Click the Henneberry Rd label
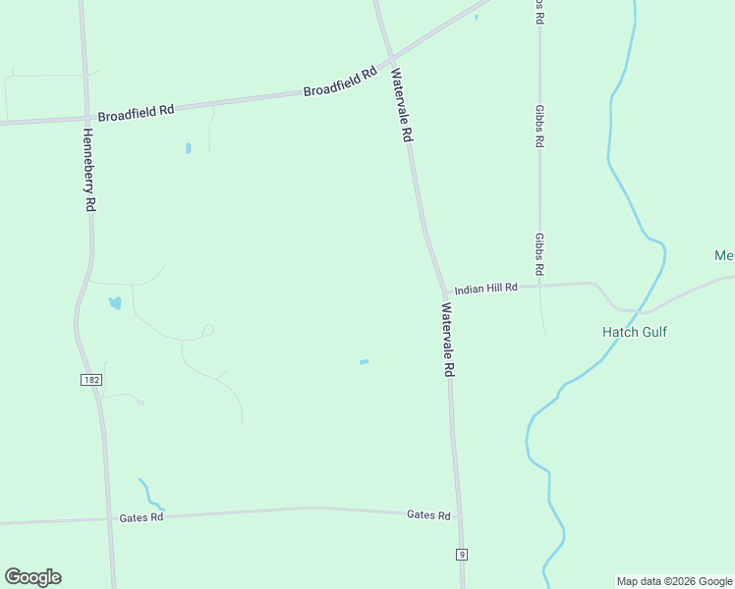[x=88, y=171]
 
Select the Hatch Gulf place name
[x=634, y=332]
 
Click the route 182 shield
[x=89, y=379]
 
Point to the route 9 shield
[x=461, y=555]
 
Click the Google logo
[x=32, y=577]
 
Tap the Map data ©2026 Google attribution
[x=674, y=581]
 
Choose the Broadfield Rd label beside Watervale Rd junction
[x=340, y=81]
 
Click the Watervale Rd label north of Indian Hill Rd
[x=400, y=105]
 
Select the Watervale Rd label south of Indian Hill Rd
[x=448, y=340]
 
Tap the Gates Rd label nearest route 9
[x=428, y=515]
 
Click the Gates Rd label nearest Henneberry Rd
[x=140, y=517]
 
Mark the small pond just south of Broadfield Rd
[x=188, y=148]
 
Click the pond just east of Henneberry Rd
[x=115, y=302]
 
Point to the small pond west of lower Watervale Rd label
[x=364, y=362]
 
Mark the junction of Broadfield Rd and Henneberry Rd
[x=85, y=117]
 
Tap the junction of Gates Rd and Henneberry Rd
[x=108, y=519]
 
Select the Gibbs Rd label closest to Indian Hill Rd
[x=539, y=254]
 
